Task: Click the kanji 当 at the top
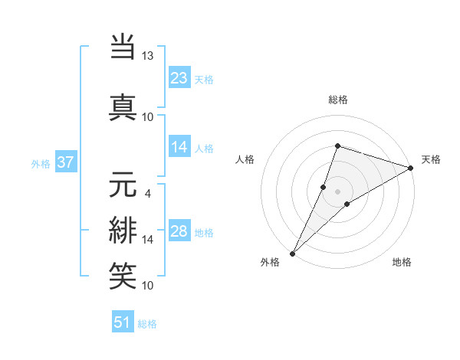pos(123,47)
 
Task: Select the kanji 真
pos(123,106)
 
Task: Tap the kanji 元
pos(123,185)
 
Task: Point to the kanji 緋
pos(123,230)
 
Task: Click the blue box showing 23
pos(179,77)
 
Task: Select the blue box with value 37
pos(66,162)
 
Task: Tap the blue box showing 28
pos(179,231)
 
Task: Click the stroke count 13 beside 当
pos(148,57)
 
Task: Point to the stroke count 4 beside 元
pos(148,193)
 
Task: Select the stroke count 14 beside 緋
pos(148,239)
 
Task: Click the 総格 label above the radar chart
pos(338,100)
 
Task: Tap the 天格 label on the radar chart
pos(431,159)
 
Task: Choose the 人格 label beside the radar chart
pos(245,159)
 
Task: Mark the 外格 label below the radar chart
pos(270,263)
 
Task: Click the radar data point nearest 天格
pos(411,168)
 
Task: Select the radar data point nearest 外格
pos(292,253)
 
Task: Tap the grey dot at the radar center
pos(337,191)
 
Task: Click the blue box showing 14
pos(179,147)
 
